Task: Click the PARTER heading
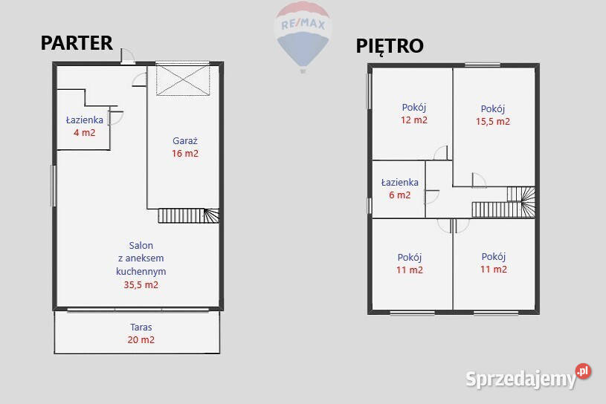point(77,43)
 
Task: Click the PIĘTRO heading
point(390,46)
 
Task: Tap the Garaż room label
point(184,141)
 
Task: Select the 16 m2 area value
point(185,154)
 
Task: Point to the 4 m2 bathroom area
point(84,133)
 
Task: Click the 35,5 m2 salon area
point(141,285)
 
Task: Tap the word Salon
point(141,245)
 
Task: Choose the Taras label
point(141,328)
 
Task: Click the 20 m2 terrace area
point(141,340)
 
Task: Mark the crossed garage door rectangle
point(183,80)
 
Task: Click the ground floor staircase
point(189,215)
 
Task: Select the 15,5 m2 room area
point(493,122)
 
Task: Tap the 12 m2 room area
point(414,120)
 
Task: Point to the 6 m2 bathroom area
point(399,195)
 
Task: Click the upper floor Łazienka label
point(399,182)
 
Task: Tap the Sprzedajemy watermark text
point(520,379)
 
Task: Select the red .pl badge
point(583,371)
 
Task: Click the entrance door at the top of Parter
point(128,56)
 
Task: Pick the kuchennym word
point(141,271)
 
